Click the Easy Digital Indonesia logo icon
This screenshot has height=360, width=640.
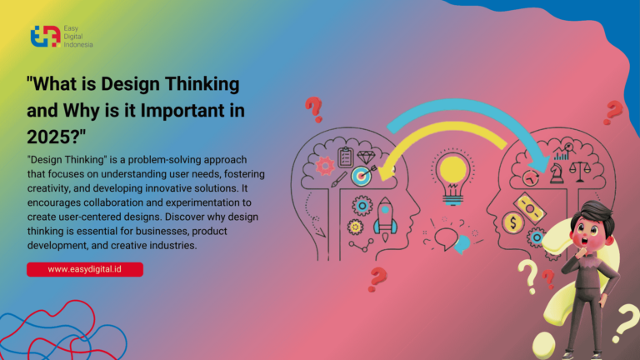45,37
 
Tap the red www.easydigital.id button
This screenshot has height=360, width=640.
85,269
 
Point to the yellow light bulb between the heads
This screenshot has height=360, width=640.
452,171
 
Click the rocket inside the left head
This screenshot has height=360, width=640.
386,215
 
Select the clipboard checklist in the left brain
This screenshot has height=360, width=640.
345,157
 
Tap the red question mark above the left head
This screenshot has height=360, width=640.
313,108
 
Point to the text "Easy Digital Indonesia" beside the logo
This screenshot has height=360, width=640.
78,37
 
